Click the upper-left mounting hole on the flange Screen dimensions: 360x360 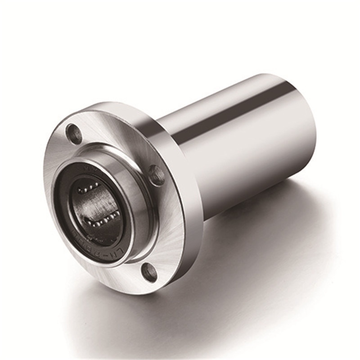click(74, 133)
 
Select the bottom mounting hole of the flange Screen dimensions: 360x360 click(149, 272)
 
